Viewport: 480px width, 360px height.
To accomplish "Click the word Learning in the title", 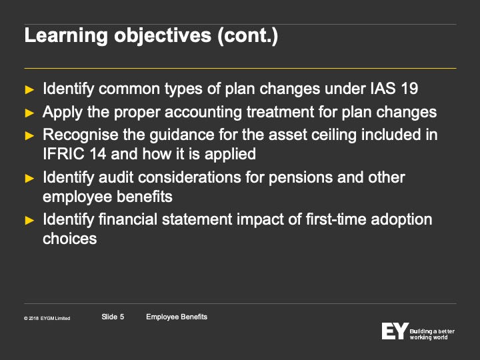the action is [x=66, y=36].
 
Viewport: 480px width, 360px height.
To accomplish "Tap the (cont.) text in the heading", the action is [x=247, y=35].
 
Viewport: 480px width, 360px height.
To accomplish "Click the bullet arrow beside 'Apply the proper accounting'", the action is [x=29, y=113].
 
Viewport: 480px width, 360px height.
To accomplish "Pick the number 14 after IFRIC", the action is [x=97, y=154].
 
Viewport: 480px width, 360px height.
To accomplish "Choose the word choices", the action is [x=70, y=239].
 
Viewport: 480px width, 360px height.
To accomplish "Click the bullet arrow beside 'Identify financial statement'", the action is [x=29, y=220].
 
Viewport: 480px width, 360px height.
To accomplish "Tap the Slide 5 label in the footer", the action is [x=113, y=317].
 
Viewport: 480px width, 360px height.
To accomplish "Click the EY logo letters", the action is [x=395, y=331].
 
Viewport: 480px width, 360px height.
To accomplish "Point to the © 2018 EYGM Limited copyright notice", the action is [x=47, y=319].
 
